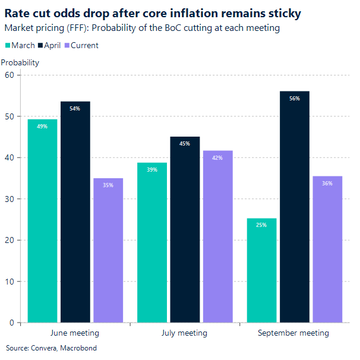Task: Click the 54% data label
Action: coord(75,109)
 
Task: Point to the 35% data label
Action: coord(108,185)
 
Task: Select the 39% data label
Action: coord(152,170)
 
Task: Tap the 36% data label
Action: coord(327,183)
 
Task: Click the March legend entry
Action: coord(23,45)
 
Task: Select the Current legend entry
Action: coord(84,45)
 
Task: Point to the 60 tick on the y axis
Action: coord(9,75)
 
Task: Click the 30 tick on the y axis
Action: coord(9,199)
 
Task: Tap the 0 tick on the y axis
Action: coord(11,323)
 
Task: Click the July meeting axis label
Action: coord(184,333)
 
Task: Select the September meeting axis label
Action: coord(293,333)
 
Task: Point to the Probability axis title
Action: coord(20,62)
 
